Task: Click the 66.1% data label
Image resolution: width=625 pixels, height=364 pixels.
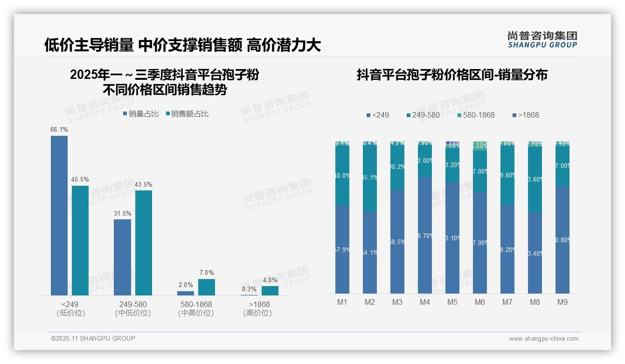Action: pyautogui.click(x=59, y=129)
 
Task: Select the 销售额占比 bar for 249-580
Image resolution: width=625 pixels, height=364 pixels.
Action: pyautogui.click(x=144, y=243)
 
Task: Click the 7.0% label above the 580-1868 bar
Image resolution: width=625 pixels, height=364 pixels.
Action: pyautogui.click(x=207, y=273)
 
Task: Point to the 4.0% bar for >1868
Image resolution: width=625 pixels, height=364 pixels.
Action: pyautogui.click(x=270, y=291)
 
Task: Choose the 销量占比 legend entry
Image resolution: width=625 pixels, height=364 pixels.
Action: pyautogui.click(x=141, y=114)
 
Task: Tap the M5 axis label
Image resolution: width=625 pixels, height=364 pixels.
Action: pyautogui.click(x=452, y=302)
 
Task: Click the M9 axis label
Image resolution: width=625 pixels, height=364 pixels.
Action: pyautogui.click(x=562, y=302)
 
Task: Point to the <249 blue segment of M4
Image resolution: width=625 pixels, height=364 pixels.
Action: pyautogui.click(x=425, y=235)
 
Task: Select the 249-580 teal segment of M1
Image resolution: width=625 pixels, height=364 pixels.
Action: pyautogui.click(x=342, y=175)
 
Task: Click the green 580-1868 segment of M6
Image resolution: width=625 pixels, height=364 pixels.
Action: pyautogui.click(x=480, y=147)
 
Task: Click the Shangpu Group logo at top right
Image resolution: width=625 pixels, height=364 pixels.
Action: pyautogui.click(x=542, y=39)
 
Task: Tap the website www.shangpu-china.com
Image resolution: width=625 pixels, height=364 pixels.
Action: pyautogui.click(x=543, y=339)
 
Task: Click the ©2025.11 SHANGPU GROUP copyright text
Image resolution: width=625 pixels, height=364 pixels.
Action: pyautogui.click(x=93, y=338)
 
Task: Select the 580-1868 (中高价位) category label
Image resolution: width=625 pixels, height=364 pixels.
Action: pyautogui.click(x=196, y=308)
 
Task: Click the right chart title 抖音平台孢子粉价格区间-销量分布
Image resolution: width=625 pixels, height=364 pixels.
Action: pyautogui.click(x=452, y=75)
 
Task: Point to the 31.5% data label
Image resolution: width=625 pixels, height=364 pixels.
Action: pyautogui.click(x=122, y=213)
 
